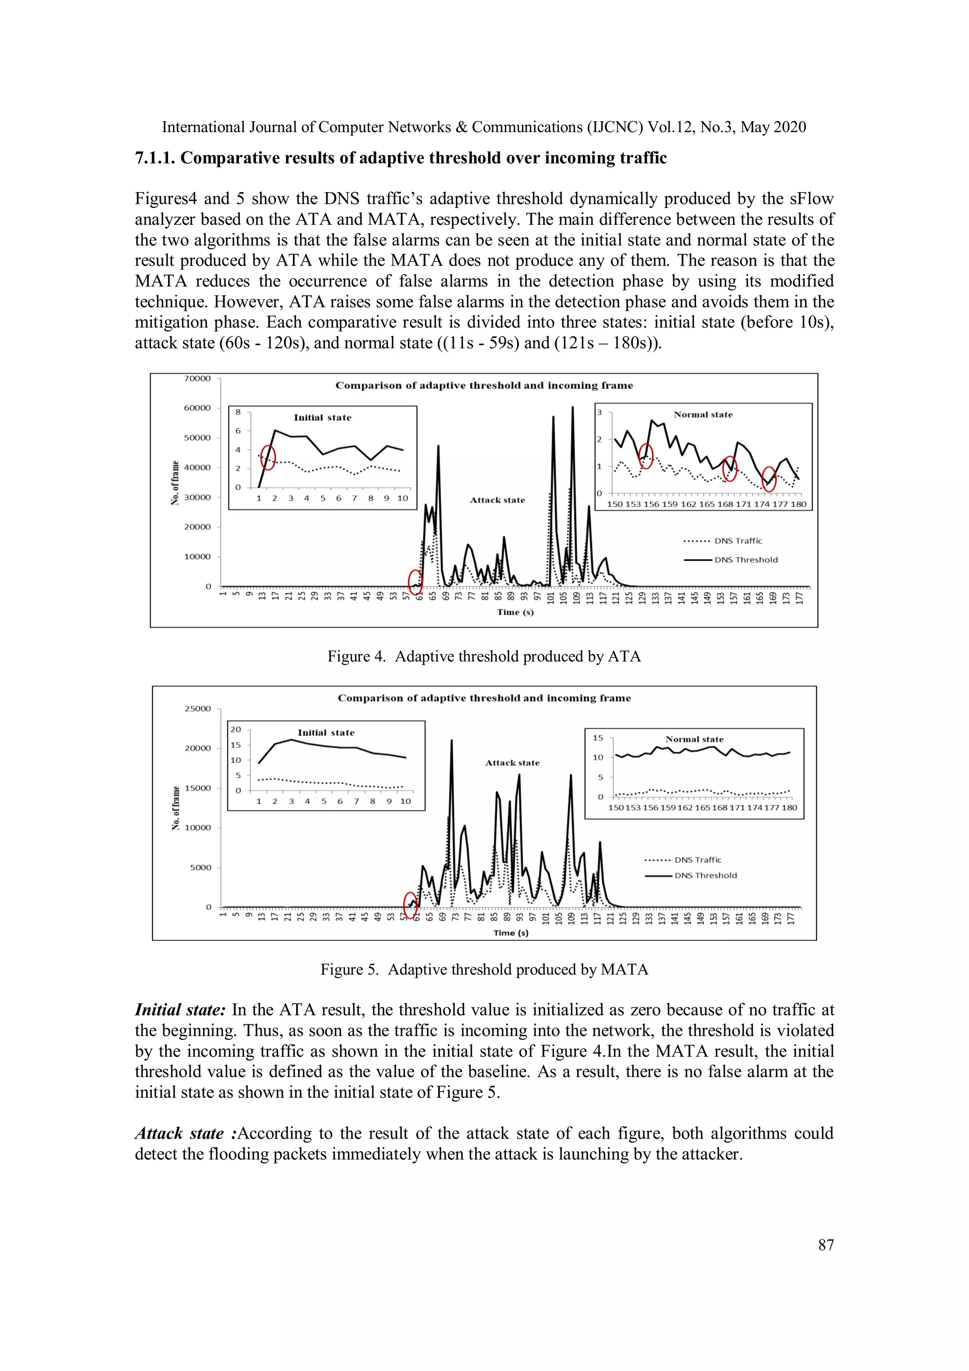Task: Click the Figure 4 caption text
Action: click(x=484, y=656)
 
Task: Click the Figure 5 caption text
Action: click(x=484, y=969)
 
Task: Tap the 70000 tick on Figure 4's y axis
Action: click(x=197, y=379)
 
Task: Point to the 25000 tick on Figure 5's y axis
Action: click(x=198, y=709)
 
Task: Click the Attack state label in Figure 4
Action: click(x=497, y=500)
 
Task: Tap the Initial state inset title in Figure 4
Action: click(x=322, y=418)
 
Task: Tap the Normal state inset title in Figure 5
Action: click(x=695, y=739)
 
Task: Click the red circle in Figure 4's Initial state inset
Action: click(x=269, y=458)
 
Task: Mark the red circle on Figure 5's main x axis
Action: click(x=410, y=905)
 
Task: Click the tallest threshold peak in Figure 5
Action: click(x=451, y=741)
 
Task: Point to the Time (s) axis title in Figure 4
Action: click(x=515, y=612)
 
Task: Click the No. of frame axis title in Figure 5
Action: click(x=176, y=808)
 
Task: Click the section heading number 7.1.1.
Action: click(x=155, y=158)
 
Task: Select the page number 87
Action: click(x=826, y=1245)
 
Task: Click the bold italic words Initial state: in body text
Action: click(x=180, y=1010)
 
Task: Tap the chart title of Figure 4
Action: click(x=484, y=386)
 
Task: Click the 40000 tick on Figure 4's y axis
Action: click(x=197, y=468)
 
